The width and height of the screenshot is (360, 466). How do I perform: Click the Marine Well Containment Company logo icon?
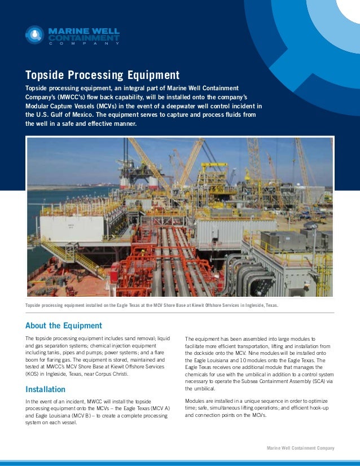pyautogui.click(x=34, y=35)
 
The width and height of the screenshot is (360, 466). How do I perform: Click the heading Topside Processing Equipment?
pyautogui.click(x=102, y=75)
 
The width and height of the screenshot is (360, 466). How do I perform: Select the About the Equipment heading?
pyautogui.click(x=64, y=326)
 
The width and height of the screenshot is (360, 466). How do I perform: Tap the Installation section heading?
pyautogui.click(x=46, y=389)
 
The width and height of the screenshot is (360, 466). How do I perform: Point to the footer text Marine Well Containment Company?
pyautogui.click(x=300, y=448)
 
